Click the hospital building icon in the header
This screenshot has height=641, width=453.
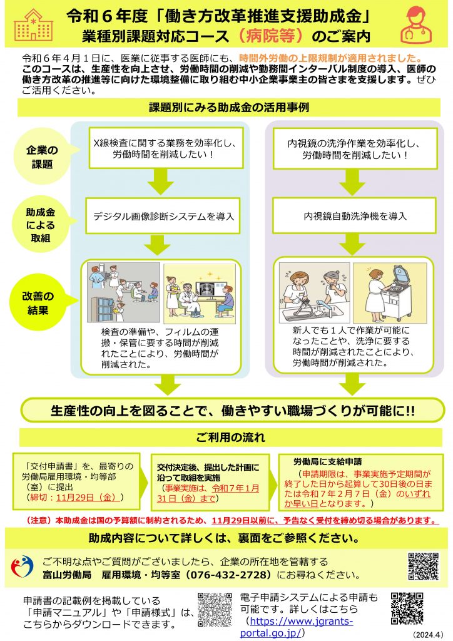point(34,24)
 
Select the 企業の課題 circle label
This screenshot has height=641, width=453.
point(42,156)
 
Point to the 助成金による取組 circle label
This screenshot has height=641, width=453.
point(40,225)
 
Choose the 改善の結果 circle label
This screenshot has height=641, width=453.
point(38,303)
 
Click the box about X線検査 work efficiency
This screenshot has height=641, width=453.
point(165,148)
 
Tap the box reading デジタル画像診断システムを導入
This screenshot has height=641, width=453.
point(163,216)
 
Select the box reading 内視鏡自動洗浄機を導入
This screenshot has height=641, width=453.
point(355,216)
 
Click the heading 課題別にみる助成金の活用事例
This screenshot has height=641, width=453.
point(229,108)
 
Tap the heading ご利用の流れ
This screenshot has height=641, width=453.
point(230,438)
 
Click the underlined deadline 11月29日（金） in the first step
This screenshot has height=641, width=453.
point(88,498)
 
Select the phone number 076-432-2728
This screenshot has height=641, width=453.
point(229,575)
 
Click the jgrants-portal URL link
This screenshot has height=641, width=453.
point(297,627)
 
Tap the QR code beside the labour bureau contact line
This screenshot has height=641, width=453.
point(423,566)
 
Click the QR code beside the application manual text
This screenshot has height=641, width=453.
point(215,610)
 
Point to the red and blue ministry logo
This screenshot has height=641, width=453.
point(22,566)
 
